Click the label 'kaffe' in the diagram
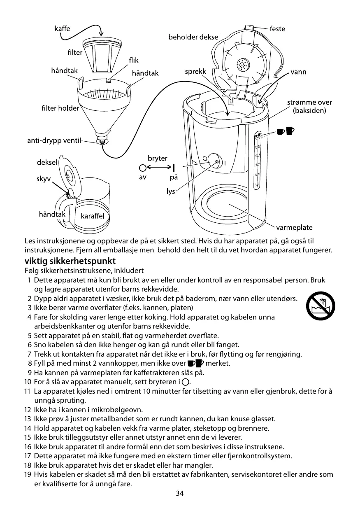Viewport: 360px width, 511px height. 62,29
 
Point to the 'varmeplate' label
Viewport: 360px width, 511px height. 294,227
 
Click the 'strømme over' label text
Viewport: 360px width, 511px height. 309,103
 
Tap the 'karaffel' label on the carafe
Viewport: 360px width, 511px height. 93,216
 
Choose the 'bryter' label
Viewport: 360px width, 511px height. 158,158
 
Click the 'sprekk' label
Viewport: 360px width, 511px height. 195,72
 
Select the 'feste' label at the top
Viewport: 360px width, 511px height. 277,29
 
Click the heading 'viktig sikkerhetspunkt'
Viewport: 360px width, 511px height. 70,261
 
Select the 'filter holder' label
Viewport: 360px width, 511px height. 60,108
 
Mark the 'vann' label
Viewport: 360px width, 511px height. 298,72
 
